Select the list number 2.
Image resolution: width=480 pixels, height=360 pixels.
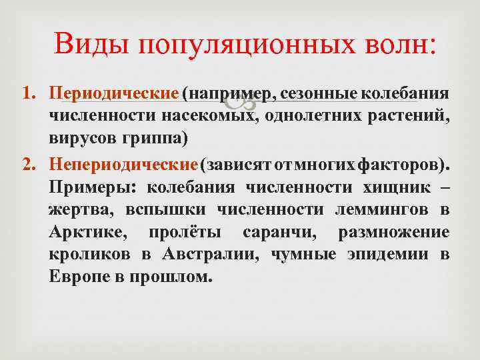28,164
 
